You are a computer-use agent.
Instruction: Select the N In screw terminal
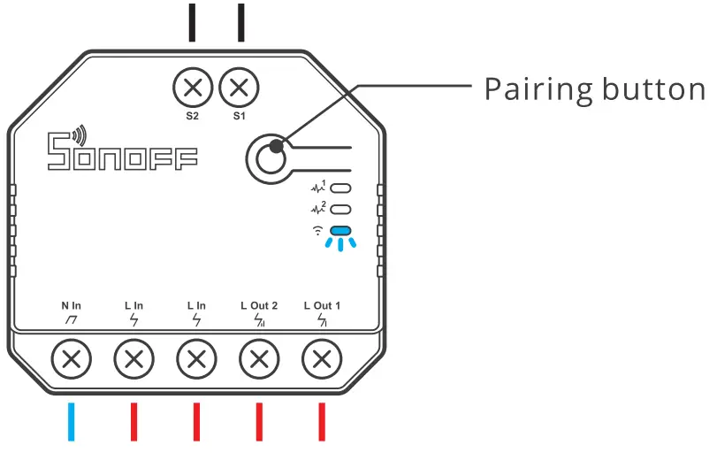pyautogui.click(x=72, y=360)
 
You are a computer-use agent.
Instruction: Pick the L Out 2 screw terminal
pyautogui.click(x=259, y=360)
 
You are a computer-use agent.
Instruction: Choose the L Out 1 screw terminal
pyautogui.click(x=322, y=360)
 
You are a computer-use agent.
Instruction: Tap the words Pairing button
pyautogui.click(x=595, y=89)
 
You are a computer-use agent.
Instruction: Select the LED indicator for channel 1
pyautogui.click(x=341, y=188)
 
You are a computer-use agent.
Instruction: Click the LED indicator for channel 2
pyautogui.click(x=341, y=211)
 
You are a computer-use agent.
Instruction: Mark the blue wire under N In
pyautogui.click(x=72, y=423)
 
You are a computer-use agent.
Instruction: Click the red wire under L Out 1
pyautogui.click(x=322, y=423)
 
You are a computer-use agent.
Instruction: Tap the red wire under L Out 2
pyautogui.click(x=259, y=423)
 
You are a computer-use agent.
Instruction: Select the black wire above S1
pyautogui.click(x=240, y=21)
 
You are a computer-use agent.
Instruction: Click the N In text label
pyautogui.click(x=72, y=305)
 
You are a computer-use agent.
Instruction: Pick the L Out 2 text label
pyautogui.click(x=259, y=305)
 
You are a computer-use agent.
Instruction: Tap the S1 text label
pyautogui.click(x=238, y=115)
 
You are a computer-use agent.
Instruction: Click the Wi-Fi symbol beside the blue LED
pyautogui.click(x=317, y=232)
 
